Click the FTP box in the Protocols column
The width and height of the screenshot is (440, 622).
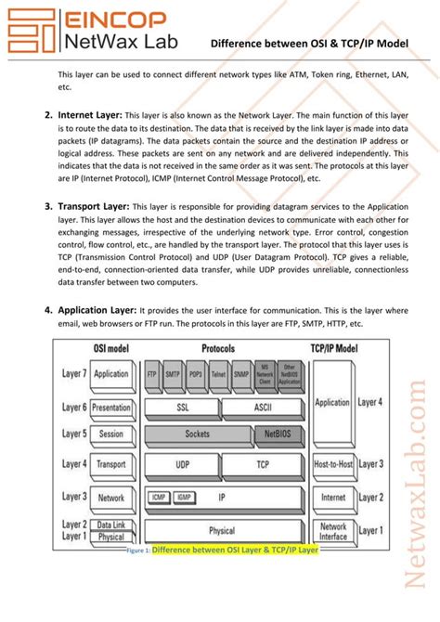pyautogui.click(x=152, y=373)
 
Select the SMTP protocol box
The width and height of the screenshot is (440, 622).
pyautogui.click(x=174, y=373)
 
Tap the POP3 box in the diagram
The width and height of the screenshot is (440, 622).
pyautogui.click(x=196, y=373)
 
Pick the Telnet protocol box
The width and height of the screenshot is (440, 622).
pyautogui.click(x=218, y=373)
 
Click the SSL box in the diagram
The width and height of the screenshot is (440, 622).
pyautogui.click(x=183, y=407)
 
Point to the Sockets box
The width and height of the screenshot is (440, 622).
pyautogui.click(x=197, y=434)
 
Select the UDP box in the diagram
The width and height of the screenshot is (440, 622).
pyautogui.click(x=183, y=464)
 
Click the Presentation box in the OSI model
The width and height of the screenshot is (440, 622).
pyautogui.click(x=110, y=407)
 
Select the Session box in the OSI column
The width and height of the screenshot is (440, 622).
pyautogui.click(x=110, y=434)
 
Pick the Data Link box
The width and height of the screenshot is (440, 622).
pyautogui.click(x=110, y=525)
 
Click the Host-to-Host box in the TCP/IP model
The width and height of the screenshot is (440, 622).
pyautogui.click(x=332, y=464)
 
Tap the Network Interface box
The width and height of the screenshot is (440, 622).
pyautogui.click(x=332, y=531)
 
